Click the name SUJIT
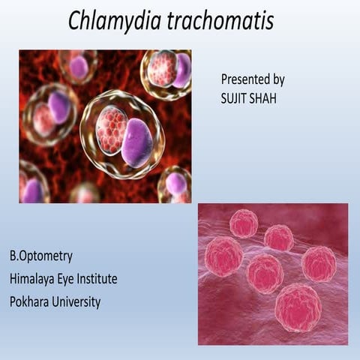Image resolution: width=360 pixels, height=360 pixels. (x=235, y=96)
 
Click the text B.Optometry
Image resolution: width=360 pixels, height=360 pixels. (x=41, y=256)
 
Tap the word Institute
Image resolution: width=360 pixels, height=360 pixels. (x=95, y=279)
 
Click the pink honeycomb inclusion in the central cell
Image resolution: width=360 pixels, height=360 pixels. (x=112, y=130)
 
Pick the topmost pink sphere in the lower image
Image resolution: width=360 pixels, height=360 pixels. (x=244, y=223)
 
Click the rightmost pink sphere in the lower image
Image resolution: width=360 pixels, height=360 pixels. (x=319, y=263)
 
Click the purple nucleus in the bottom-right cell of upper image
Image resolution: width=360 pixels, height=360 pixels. (x=177, y=183)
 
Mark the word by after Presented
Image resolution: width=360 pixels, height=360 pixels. (x=278, y=79)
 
